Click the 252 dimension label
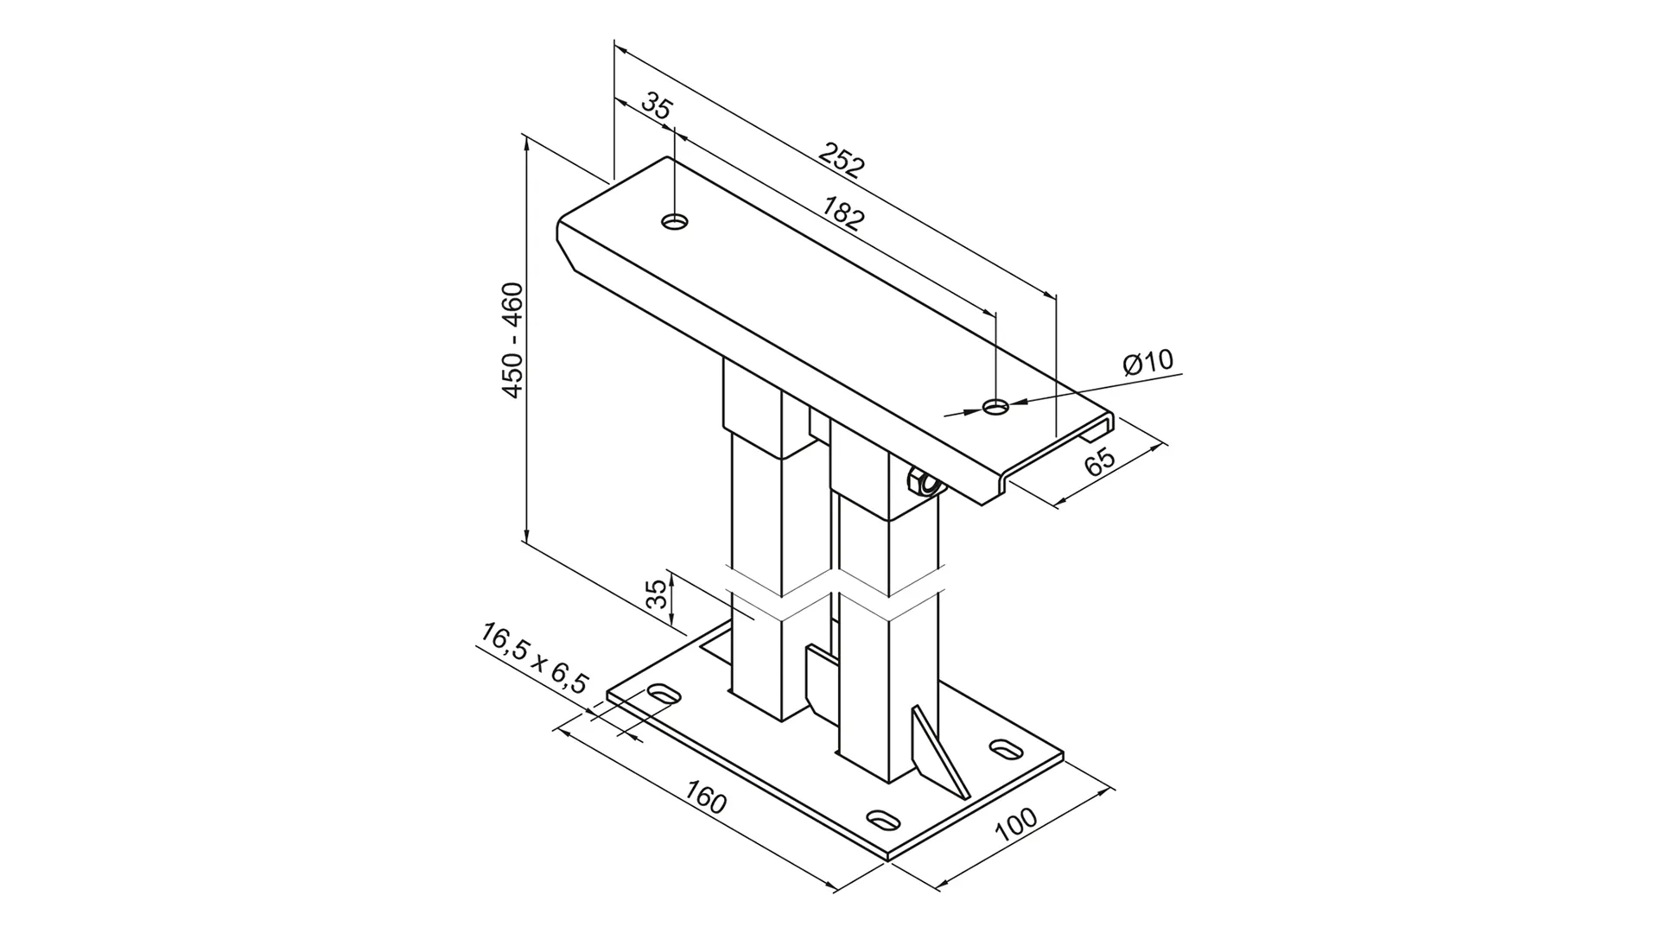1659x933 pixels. point(841,161)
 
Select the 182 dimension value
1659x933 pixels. point(842,213)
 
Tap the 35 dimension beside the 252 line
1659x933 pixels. point(657,107)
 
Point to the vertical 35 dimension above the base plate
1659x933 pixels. point(658,594)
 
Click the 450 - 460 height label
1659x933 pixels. point(513,340)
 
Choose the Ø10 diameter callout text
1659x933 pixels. point(1148,362)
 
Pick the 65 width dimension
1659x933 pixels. point(1100,462)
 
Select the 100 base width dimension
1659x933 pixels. point(1016,825)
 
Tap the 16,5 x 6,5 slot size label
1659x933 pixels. point(534,659)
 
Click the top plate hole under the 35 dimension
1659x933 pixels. point(675,222)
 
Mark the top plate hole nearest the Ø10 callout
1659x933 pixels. point(996,406)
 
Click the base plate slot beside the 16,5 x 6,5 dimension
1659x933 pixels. point(664,694)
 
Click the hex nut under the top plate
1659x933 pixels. point(921,484)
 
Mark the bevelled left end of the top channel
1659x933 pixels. point(572,245)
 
